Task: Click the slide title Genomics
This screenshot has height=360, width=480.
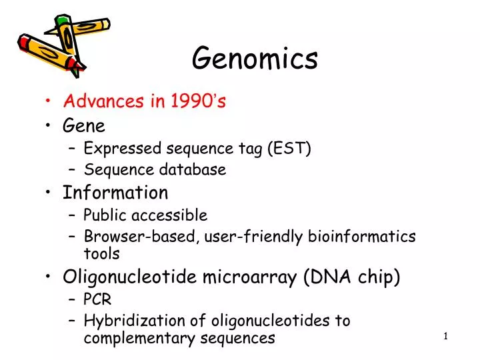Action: pos(255,59)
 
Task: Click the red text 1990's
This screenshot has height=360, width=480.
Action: pos(199,101)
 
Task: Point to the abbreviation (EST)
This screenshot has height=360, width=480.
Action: pos(289,148)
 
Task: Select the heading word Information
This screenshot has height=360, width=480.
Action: pos(115,193)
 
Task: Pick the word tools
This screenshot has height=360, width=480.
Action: pos(101,253)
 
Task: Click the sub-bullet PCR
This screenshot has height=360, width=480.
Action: pos(97,299)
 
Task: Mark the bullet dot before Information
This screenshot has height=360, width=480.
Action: pos(51,193)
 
